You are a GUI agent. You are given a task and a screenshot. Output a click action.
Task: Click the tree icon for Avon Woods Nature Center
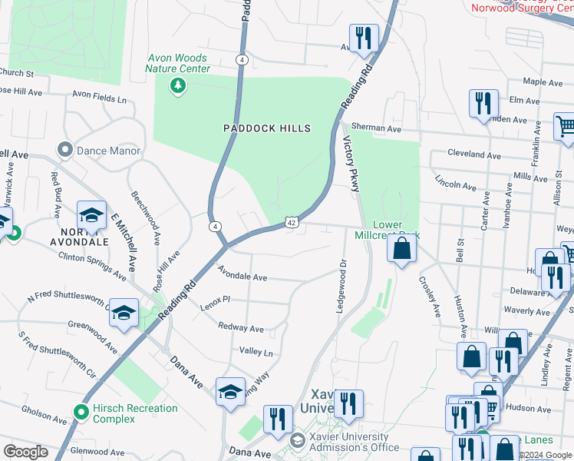tap(178, 85)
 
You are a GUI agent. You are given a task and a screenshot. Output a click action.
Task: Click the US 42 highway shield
tap(292, 223)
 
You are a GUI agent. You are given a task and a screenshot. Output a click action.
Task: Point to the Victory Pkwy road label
tap(352, 164)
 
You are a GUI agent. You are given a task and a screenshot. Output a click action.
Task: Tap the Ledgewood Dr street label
tap(342, 285)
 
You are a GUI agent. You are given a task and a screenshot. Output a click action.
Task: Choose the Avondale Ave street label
tap(242, 274)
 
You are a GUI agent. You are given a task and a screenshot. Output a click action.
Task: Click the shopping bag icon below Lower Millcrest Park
tap(401, 249)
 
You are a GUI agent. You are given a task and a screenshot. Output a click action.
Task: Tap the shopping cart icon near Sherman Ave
tap(566, 127)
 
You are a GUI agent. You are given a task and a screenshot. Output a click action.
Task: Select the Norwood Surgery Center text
tap(522, 8)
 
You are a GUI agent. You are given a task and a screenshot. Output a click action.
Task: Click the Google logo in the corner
tap(25, 452)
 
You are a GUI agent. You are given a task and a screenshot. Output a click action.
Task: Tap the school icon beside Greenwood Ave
tap(124, 313)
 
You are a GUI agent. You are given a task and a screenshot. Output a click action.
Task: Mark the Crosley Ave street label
tap(430, 298)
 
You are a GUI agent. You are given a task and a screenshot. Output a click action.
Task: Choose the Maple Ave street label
tap(543, 82)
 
